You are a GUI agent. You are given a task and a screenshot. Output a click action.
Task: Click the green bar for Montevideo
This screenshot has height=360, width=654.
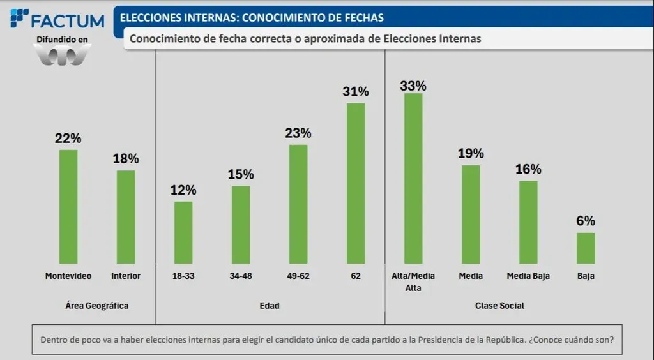click(x=68, y=207)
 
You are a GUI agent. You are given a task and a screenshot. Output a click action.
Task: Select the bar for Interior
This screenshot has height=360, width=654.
click(x=126, y=217)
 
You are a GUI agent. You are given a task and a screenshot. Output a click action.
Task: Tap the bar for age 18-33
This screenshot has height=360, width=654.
click(x=183, y=232)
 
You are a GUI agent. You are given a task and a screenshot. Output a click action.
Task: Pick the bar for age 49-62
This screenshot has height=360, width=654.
click(x=298, y=204)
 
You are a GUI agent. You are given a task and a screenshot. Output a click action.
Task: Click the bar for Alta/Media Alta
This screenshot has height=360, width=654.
click(x=413, y=179)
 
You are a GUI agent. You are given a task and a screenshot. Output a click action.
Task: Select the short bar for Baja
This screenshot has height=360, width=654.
click(x=586, y=248)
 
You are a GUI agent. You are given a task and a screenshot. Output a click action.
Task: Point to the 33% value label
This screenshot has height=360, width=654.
click(x=413, y=86)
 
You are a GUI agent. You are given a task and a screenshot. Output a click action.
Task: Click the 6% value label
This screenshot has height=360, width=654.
click(x=586, y=221)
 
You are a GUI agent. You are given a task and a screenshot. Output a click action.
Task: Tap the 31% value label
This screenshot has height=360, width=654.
click(x=356, y=91)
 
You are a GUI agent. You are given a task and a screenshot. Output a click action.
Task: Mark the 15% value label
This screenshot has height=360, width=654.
click(x=241, y=174)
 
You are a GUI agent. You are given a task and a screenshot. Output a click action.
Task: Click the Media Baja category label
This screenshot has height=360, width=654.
click(x=528, y=276)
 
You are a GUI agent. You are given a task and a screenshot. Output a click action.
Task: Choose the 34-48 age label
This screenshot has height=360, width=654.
click(x=241, y=276)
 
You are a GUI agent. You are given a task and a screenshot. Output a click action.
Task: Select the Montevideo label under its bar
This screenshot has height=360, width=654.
click(x=68, y=276)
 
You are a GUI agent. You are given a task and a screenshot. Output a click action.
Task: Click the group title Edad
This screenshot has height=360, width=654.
click(x=270, y=306)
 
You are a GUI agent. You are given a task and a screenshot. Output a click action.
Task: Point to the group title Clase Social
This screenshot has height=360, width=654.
click(x=499, y=306)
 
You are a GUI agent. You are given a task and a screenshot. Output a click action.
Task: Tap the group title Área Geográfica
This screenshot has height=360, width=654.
click(x=97, y=306)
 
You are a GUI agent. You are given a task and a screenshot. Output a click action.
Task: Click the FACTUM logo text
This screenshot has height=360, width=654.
click(x=67, y=21)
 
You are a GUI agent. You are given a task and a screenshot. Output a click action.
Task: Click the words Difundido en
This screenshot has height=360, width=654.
click(x=62, y=40)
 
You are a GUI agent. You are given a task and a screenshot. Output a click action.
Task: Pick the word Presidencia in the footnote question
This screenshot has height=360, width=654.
click(x=441, y=340)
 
